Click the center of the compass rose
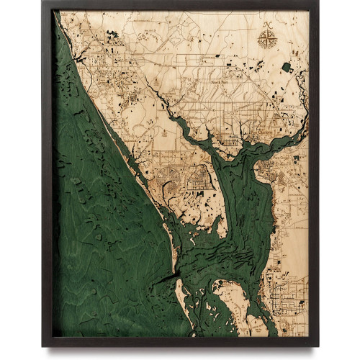pyautogui.click(x=268, y=38)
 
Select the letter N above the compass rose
pyautogui.click(x=268, y=25)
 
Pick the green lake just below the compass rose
pyautogui.click(x=287, y=67)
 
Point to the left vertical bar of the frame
pyautogui.click(x=47, y=173)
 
